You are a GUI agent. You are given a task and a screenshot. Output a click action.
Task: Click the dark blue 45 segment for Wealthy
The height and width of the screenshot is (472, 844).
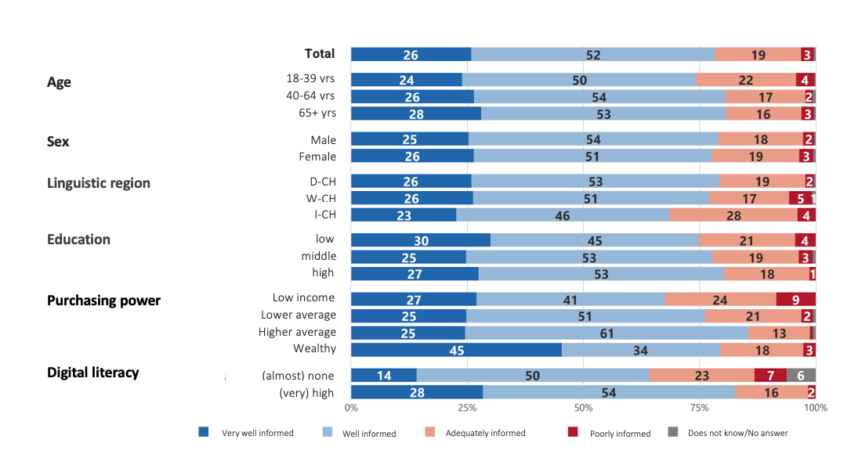point(456,349)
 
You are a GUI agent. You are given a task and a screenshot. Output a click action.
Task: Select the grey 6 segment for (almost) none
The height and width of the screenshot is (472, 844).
point(800,375)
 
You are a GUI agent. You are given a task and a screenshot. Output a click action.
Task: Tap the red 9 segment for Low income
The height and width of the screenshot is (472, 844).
point(795,298)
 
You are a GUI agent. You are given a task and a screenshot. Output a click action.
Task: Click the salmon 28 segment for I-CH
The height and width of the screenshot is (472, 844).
point(734,214)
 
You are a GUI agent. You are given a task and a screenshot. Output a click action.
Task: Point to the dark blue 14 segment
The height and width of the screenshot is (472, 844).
point(383,375)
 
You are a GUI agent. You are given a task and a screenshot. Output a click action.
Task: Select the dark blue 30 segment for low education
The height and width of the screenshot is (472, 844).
point(420,240)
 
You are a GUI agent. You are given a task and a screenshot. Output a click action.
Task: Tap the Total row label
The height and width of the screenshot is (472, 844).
point(320,54)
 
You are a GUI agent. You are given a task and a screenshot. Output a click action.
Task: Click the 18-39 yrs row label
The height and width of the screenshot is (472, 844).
point(311,79)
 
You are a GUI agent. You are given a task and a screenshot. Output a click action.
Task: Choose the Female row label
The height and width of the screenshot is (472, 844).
point(317,157)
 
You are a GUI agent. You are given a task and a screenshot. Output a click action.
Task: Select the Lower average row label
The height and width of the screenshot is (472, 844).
point(299,315)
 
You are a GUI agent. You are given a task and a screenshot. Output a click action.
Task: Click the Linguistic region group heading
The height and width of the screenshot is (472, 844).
point(99,183)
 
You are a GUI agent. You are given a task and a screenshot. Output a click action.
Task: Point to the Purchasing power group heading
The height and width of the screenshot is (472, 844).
point(103,301)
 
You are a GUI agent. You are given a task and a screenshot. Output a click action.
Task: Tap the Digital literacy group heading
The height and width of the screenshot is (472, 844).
point(93,372)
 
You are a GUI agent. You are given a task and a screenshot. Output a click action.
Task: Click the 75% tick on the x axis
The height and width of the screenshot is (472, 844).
point(699,408)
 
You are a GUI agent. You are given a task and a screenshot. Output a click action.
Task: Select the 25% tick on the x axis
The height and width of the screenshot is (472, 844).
point(467,408)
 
